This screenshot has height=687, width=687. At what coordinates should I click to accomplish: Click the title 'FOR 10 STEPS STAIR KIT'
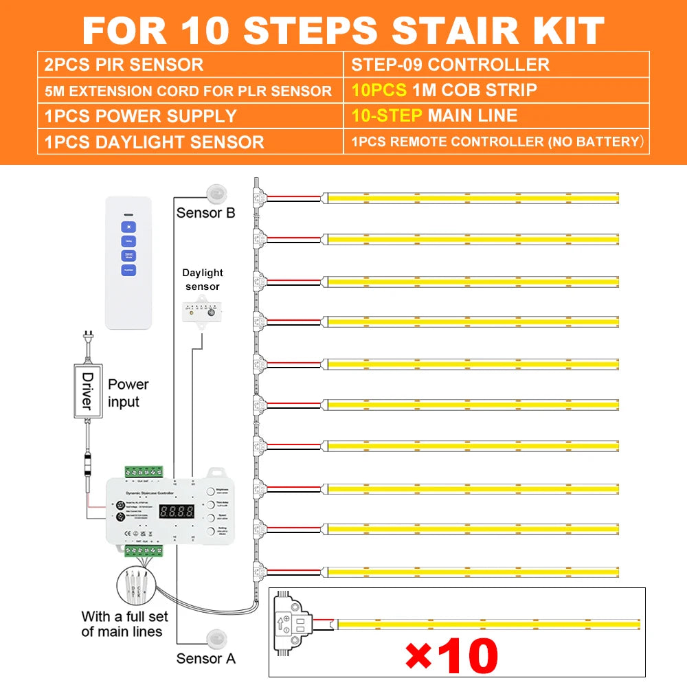point(343,29)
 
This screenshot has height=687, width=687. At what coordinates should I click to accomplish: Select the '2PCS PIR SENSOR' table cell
point(124,65)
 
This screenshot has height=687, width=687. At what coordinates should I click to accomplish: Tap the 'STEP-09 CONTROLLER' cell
point(450,65)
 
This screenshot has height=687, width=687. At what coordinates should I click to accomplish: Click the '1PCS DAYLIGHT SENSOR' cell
point(154,142)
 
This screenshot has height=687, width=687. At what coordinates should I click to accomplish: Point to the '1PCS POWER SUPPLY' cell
point(140,116)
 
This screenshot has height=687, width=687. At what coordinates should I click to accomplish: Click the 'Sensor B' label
point(205,212)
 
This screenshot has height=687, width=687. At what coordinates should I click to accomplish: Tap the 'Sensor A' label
point(205,658)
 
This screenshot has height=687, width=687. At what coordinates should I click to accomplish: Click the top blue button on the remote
point(128,227)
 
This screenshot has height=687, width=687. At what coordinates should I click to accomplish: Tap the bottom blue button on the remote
point(128,270)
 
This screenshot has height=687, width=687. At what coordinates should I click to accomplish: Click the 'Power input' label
point(128,392)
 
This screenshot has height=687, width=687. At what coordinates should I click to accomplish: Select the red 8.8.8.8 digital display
point(176,512)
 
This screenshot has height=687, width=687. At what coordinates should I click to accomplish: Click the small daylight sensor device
point(202,311)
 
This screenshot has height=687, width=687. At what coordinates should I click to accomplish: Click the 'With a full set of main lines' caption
point(122,623)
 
